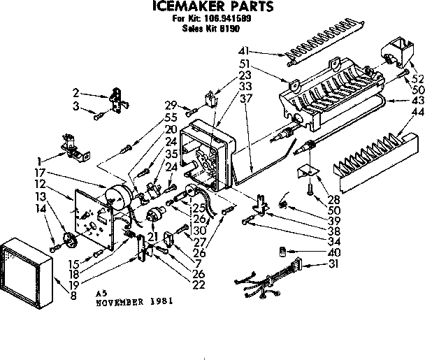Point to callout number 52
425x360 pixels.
[417, 79]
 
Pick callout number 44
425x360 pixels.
[418, 113]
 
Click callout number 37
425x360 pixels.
[245, 97]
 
